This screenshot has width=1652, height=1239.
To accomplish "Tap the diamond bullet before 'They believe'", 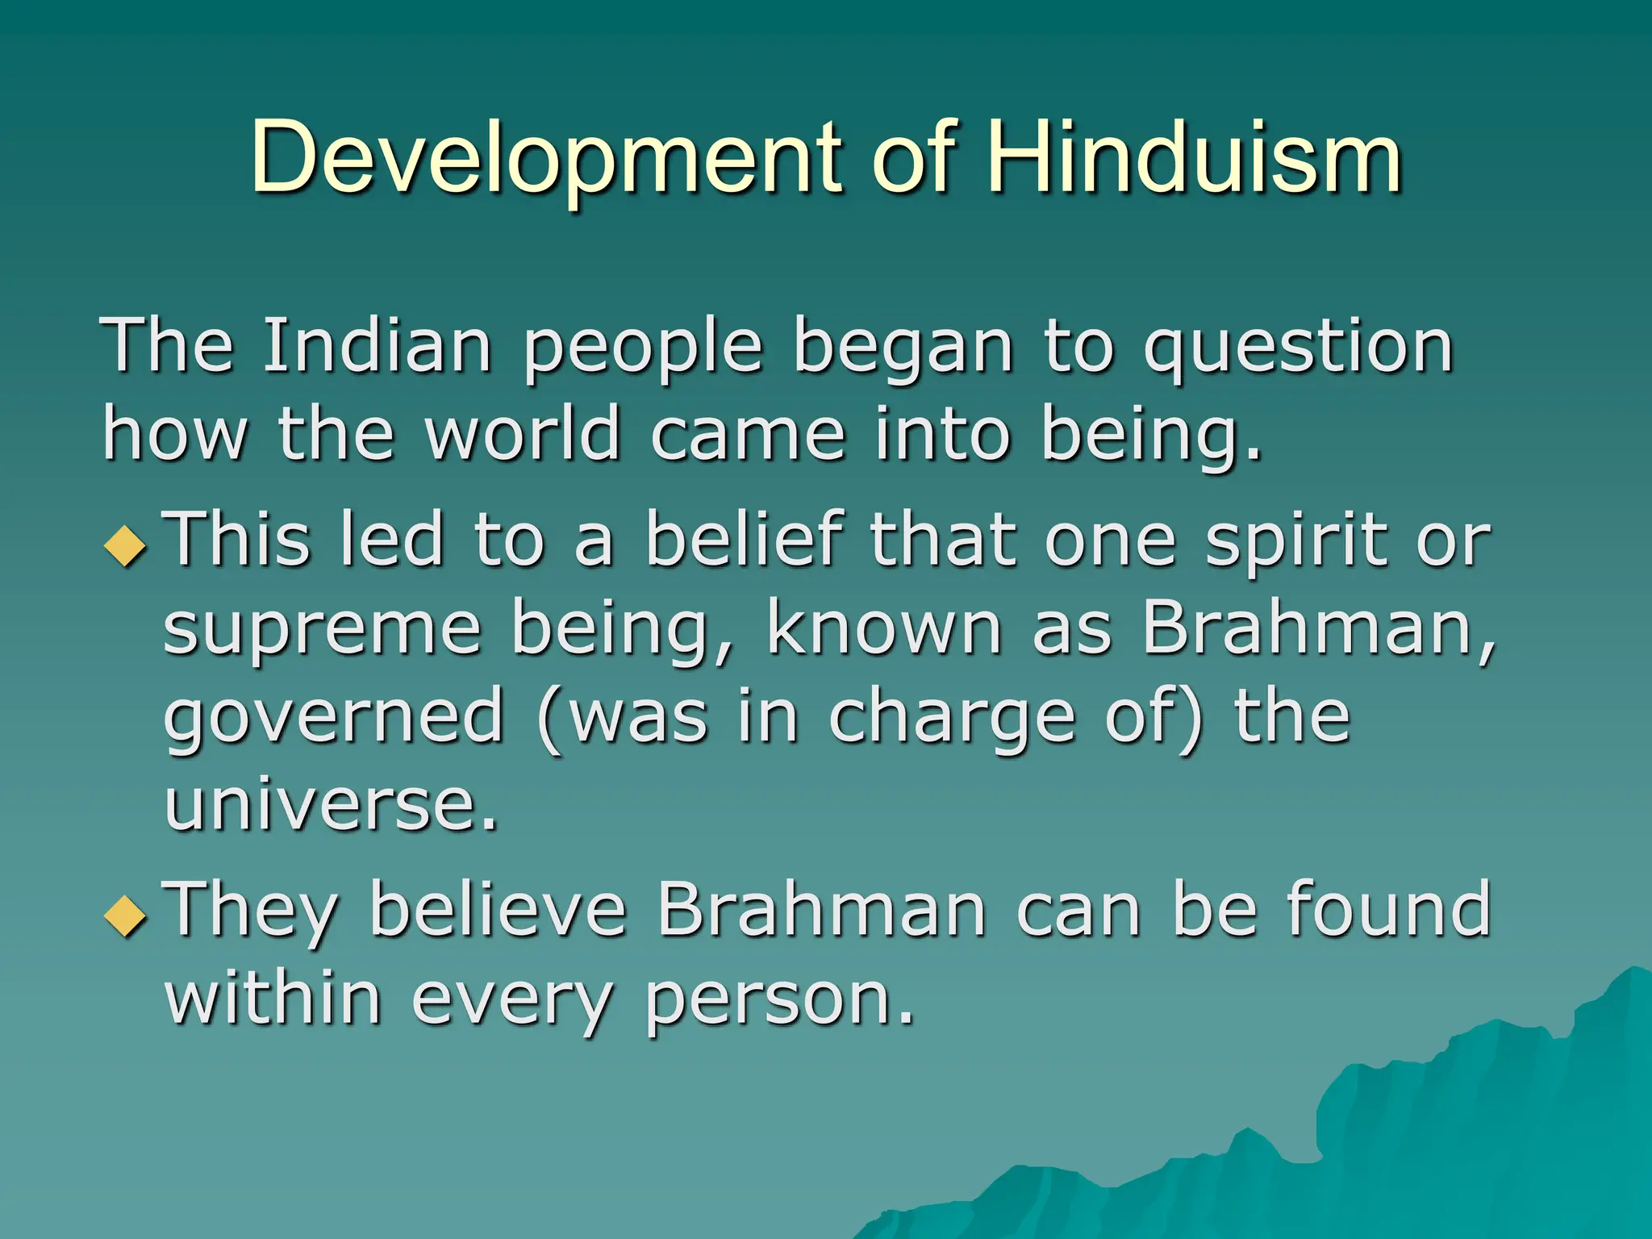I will pyautogui.click(x=126, y=916).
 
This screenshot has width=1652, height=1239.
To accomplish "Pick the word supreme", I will pyautogui.click(x=323, y=631).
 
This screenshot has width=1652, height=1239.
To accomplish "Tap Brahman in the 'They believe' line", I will pyautogui.click(x=822, y=910).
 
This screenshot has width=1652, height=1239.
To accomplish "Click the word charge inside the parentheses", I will pyautogui.click(x=952, y=718).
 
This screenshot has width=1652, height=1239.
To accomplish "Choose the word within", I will pyautogui.click(x=273, y=999).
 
